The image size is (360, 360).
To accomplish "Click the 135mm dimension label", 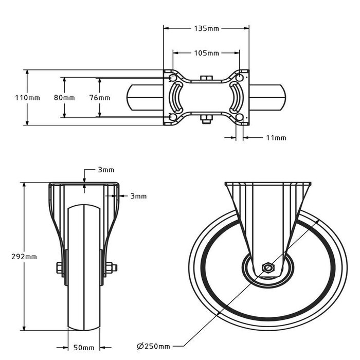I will coord(206,28).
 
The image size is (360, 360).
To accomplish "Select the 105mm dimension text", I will coord(206,53).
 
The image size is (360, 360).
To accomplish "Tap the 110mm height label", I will coord(13,98).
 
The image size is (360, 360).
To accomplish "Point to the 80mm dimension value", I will coord(64,98).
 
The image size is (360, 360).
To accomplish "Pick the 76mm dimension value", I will coord(99,98).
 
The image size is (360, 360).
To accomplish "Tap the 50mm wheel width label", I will coord(84,348).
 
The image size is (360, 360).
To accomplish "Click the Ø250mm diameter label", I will coord(153,345).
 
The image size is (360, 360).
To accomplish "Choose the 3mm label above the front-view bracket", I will coord(106,170).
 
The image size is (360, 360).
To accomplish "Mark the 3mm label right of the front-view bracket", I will coord(138,196).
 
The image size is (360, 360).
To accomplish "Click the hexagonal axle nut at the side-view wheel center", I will coord(268,267).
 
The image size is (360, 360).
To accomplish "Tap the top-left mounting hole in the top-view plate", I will coord(172,78).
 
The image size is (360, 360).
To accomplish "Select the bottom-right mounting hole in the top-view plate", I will coord(240,117).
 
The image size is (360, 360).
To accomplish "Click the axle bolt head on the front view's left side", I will coord(59,267).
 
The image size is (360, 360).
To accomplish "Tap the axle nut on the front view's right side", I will coord(111,267).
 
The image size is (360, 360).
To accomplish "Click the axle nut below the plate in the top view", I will coord(206,121).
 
